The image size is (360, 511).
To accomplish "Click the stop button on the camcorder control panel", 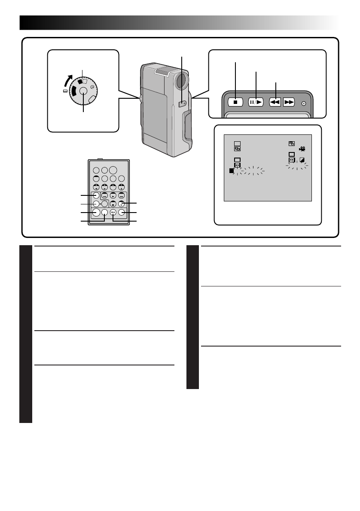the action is coord(235,102).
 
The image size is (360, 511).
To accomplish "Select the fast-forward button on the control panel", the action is coord(289,102).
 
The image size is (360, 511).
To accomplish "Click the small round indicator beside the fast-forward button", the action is coord(304,103).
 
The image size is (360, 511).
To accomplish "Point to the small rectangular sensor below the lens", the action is coord(182,103).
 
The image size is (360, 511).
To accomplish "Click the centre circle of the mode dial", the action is coord(83,91).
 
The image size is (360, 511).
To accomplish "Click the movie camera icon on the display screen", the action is coord(302,149).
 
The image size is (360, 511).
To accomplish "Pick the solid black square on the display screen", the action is coord(232,171).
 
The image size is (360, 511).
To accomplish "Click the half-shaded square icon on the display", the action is coord(302,160).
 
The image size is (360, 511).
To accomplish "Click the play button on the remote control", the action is coord(113,196).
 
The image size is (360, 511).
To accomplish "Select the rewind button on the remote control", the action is coord(104,196).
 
